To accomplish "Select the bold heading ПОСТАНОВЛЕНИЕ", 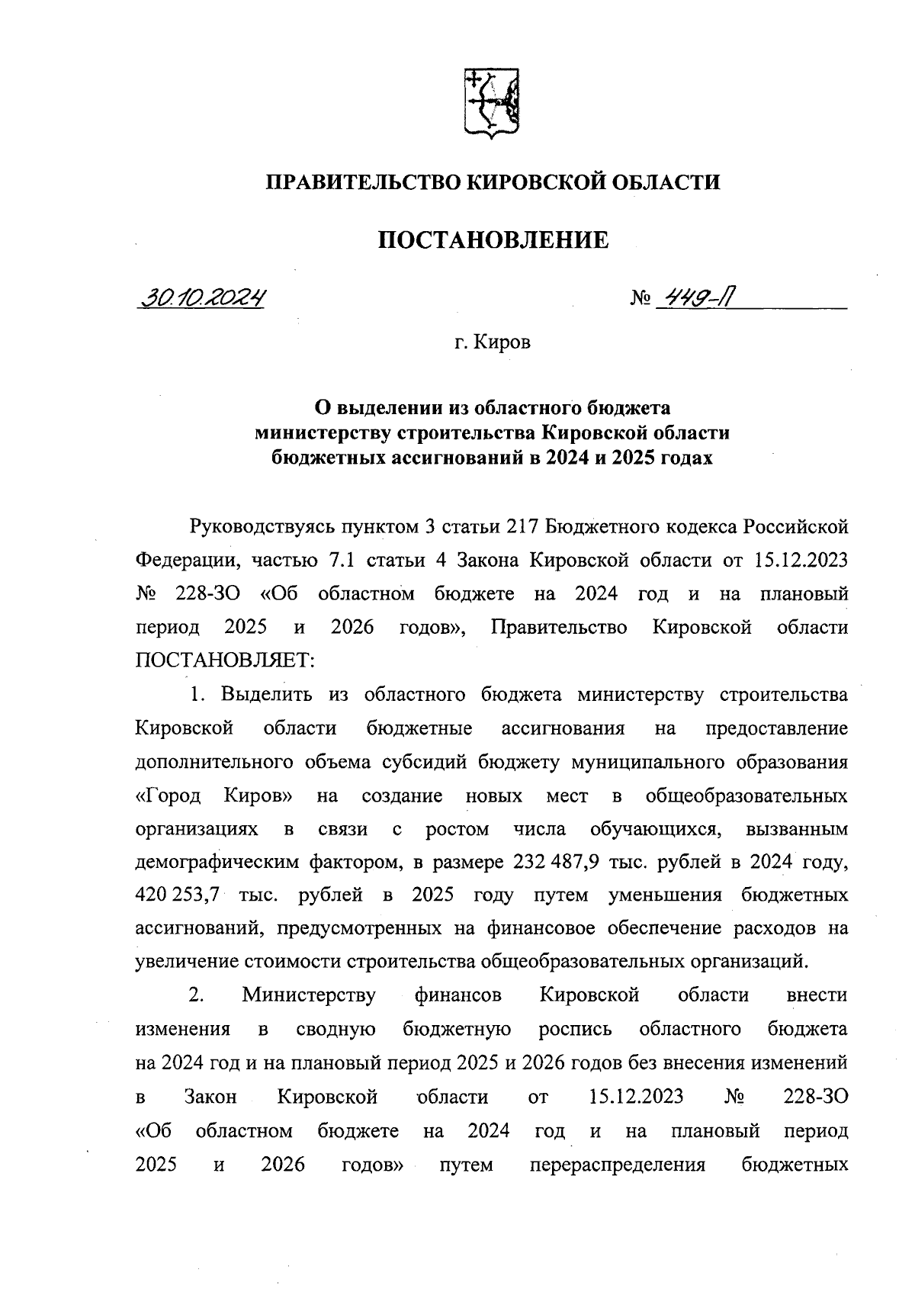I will coord(493,240).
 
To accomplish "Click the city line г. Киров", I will coord(493,342).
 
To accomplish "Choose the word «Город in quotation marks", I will coord(168,796).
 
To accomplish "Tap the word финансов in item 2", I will coord(458,995).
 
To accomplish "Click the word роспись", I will coord(576,1029).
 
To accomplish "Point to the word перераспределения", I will coord(617,1165).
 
